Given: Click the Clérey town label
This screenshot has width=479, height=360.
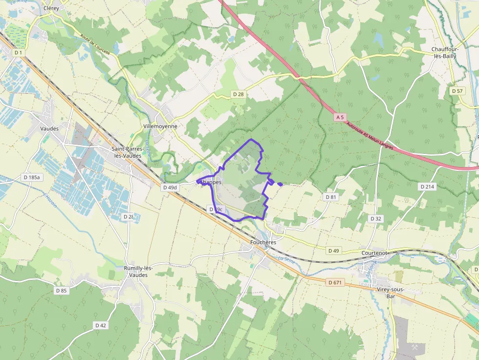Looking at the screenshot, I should click(x=51, y=8).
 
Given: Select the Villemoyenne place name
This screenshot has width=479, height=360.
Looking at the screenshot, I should click(x=160, y=126).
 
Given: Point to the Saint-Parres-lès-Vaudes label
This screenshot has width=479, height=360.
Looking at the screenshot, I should click(x=127, y=152).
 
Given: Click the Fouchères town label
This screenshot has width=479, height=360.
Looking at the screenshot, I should click(x=263, y=242).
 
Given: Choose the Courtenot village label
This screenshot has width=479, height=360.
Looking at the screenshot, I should click(x=374, y=253).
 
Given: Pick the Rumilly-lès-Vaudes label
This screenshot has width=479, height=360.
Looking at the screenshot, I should click(x=138, y=272).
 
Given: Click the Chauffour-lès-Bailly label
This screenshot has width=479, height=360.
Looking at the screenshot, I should click(x=445, y=53).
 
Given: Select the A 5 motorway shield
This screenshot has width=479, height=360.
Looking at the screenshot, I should click(x=341, y=118).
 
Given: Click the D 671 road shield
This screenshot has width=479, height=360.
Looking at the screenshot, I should click(x=335, y=282).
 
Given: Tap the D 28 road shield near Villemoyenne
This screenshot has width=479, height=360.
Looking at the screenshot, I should click(x=238, y=94).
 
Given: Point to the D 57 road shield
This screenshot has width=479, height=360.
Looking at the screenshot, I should click(x=457, y=91).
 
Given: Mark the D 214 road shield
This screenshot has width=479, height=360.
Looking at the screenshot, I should click(x=427, y=187).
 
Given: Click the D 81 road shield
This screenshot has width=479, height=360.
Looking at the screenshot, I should click(x=331, y=197).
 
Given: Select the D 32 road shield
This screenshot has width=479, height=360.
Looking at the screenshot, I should click(x=375, y=218).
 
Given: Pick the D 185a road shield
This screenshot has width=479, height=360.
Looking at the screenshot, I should click(x=31, y=177).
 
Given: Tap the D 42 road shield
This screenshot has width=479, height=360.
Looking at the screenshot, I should click(x=101, y=325).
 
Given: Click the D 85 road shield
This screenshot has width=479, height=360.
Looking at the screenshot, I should click(x=61, y=291).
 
